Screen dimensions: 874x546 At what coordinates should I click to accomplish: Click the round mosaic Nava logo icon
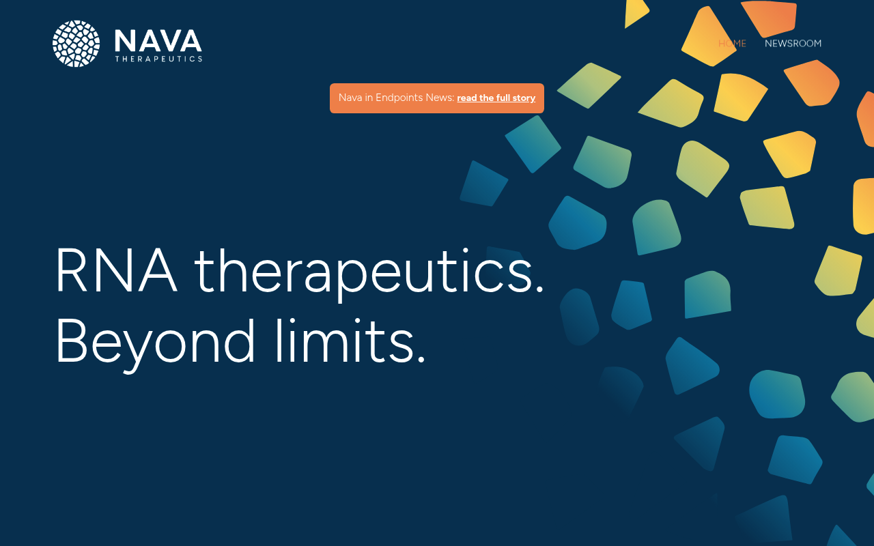[76, 44]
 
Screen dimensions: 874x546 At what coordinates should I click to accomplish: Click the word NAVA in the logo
[158, 41]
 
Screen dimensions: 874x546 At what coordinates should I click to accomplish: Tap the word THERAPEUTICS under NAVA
[158, 59]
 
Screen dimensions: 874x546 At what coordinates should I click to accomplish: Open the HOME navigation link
[733, 43]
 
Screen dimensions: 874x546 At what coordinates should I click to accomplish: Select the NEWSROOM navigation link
[793, 43]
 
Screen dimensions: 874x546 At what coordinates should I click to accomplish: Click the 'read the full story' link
[496, 98]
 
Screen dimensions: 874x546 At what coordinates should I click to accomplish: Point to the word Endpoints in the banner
[399, 98]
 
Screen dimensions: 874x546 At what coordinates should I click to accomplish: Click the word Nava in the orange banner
[350, 98]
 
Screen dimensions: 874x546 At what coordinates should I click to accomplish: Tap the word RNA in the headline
[116, 270]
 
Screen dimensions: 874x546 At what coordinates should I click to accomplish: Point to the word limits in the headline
[344, 341]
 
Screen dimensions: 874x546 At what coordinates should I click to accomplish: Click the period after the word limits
[421, 359]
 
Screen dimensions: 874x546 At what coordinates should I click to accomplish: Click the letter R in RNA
[72, 270]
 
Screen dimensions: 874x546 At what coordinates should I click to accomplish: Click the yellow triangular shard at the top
[635, 13]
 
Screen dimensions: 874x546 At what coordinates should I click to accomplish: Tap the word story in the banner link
[524, 98]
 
